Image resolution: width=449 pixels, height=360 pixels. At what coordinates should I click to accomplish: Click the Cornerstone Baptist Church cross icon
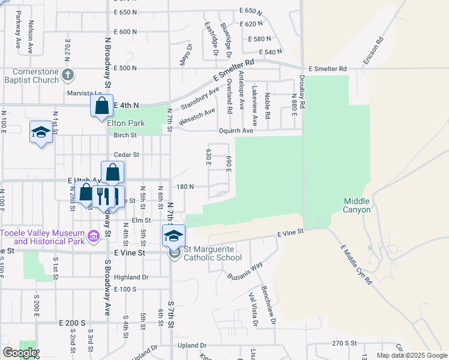[68, 74]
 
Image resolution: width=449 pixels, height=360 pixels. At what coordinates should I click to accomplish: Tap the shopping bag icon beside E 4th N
[102, 106]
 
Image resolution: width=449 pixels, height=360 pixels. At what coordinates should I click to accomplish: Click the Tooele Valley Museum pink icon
[93, 237]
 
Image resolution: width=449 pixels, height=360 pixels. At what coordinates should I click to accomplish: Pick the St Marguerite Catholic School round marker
[174, 253]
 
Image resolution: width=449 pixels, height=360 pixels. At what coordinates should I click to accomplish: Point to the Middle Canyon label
[357, 206]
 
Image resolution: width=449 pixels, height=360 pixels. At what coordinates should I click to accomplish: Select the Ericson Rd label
[372, 52]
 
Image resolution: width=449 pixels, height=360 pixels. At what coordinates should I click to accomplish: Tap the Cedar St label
[127, 154]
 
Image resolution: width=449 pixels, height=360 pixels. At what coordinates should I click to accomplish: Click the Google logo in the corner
[20, 353]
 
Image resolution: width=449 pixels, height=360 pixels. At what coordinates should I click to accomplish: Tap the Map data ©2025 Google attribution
[411, 355]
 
